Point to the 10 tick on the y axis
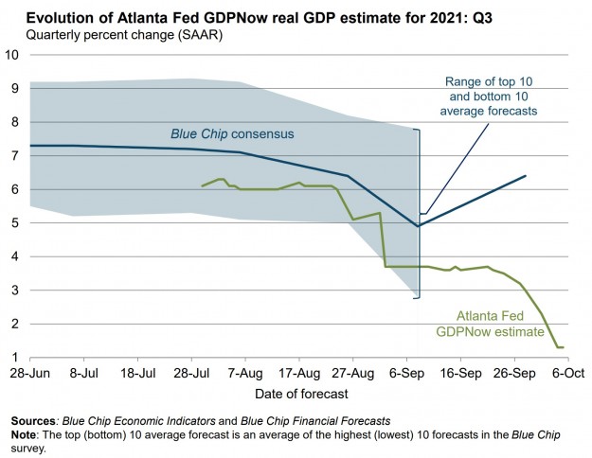12,54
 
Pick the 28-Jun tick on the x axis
30,375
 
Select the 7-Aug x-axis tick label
245,375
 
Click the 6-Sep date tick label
406,375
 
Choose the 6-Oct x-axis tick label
566,375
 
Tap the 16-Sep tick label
460,375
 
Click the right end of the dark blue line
526,176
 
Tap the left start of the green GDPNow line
203,185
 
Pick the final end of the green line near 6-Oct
565,347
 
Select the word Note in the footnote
27,433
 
